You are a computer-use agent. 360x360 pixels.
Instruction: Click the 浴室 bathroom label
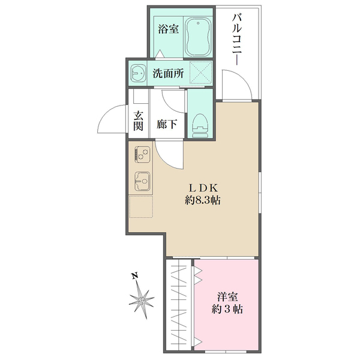point(168,29)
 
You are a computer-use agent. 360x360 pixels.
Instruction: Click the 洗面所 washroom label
point(168,75)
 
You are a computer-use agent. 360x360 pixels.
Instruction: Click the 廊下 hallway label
point(166,125)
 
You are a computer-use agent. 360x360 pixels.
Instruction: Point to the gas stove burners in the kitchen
point(142,154)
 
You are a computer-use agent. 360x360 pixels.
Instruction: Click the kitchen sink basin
point(142,179)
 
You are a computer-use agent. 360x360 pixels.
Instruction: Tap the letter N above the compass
point(135,276)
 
